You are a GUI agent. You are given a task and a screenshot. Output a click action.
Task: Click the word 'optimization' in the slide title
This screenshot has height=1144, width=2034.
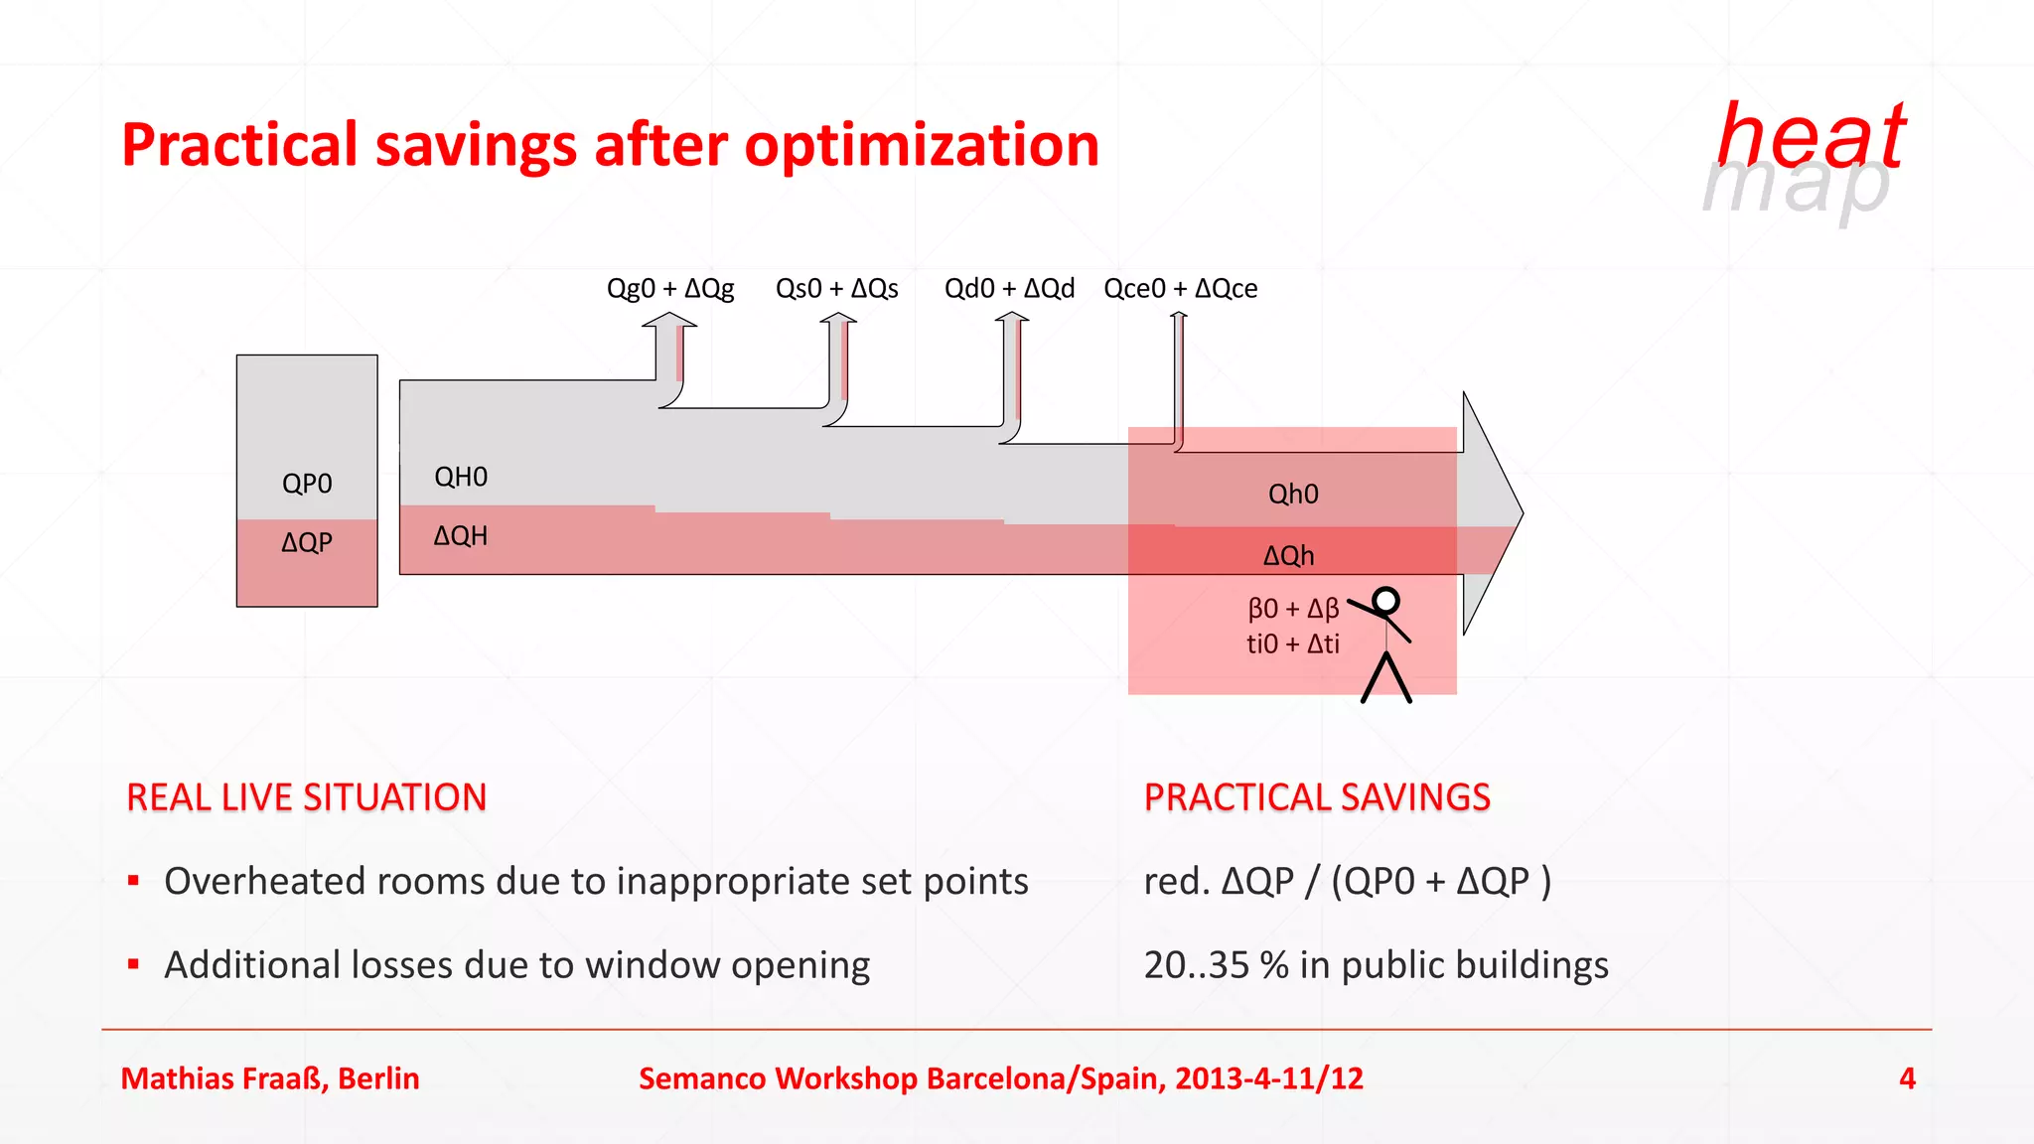pos(922,145)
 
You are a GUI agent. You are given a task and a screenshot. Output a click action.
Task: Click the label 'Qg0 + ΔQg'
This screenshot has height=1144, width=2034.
pos(670,289)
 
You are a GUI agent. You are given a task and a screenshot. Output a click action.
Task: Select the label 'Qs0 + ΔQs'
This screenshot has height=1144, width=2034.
pos(836,289)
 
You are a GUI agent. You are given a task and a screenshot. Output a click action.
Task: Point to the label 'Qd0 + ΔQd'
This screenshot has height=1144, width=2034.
pos(1009,289)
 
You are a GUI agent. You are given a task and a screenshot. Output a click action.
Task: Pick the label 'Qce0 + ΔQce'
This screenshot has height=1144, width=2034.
pos(1181,289)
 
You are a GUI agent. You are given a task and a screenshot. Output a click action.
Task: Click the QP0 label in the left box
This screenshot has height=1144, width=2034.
pos(307,484)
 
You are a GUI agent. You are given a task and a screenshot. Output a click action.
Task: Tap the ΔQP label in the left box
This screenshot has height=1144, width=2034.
pos(307,542)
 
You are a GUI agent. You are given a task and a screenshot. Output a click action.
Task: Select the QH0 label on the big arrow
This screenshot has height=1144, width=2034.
pos(461,477)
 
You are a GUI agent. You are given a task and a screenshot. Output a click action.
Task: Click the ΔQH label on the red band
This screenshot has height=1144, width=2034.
pos(461,536)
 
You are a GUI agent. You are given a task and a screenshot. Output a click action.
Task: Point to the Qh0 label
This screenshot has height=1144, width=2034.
pos(1293,494)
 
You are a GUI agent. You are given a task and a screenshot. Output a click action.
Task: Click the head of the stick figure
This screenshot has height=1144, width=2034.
pos(1386,600)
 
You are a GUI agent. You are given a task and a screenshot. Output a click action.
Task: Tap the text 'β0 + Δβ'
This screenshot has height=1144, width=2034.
pos(1293,608)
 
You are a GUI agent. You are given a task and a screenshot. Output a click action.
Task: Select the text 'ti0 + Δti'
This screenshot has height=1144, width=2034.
pos(1293,643)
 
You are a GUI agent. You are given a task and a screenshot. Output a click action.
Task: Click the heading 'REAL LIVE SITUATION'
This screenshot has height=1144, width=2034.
pos(307,797)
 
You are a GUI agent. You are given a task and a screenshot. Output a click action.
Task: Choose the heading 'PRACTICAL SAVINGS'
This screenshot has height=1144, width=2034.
pos(1317,797)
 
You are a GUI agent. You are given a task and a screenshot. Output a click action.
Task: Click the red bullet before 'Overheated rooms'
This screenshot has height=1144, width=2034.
pos(133,880)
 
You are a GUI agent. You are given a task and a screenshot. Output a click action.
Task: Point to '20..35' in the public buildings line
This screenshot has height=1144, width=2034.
pos(1197,965)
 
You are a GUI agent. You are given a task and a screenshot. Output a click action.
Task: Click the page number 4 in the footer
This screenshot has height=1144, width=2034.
pos(1907,1078)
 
